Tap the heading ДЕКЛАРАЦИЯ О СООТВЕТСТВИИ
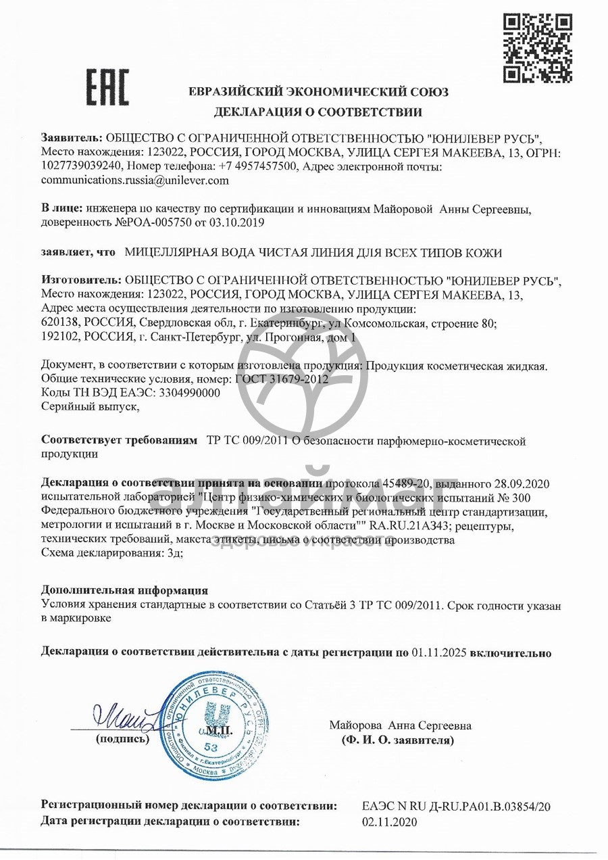point(318,112)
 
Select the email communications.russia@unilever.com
point(135,181)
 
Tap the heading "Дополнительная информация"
point(125,590)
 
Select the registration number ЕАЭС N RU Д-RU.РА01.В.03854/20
point(457,806)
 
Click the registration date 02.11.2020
point(390,822)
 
